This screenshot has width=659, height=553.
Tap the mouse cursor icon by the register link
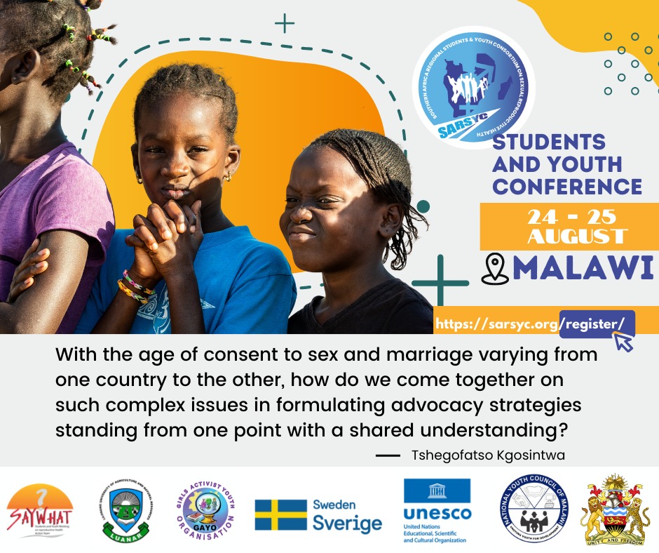pos(623,341)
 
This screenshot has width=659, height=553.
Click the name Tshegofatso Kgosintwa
pos(488,455)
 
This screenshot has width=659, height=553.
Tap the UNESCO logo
pos(437,510)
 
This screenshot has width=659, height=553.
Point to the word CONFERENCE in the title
pos(567,186)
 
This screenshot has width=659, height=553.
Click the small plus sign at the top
pos(285,23)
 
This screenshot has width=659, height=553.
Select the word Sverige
pos(347,524)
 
